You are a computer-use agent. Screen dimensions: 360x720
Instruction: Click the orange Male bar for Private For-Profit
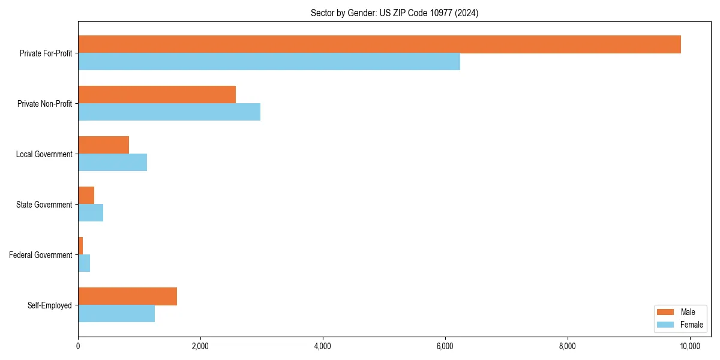click(379, 44)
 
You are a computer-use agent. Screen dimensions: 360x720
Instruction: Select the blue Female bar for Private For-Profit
click(269, 62)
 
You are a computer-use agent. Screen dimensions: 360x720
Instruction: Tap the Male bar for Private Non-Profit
click(157, 95)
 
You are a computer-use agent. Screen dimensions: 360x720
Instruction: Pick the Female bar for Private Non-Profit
click(169, 112)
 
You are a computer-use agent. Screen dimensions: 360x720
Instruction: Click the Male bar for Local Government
click(103, 145)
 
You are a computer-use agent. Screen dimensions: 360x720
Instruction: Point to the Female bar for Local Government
click(112, 163)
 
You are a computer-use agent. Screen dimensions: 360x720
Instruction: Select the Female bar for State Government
click(91, 213)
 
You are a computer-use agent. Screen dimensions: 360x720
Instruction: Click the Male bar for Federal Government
click(80, 246)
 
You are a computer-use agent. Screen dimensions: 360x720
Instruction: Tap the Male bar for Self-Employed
click(127, 296)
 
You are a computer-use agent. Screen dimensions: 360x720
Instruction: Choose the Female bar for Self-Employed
click(116, 314)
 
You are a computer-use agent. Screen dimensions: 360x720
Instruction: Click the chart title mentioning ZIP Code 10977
click(394, 13)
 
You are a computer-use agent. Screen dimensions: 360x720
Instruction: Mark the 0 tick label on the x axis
click(78, 346)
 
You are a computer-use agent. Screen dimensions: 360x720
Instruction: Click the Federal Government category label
click(41, 255)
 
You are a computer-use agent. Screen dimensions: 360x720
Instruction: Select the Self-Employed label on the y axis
click(50, 305)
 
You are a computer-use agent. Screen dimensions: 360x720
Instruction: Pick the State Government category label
click(44, 205)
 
